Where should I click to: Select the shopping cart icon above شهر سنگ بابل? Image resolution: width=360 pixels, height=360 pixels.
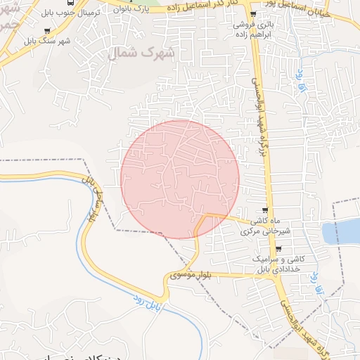coord(47,31)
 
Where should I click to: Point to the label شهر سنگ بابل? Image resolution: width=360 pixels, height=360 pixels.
coord(47,40)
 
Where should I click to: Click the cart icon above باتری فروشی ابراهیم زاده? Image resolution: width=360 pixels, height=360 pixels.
coord(253,13)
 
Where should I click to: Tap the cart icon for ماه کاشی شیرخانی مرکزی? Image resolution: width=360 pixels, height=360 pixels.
coord(264,210)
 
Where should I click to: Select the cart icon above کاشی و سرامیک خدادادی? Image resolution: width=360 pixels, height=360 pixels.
coord(278,249)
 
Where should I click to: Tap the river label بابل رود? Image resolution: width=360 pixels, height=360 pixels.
coord(149,304)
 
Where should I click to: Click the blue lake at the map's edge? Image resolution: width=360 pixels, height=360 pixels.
coord(342,231)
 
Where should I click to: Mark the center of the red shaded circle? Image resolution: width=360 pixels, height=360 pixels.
coord(180,179)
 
